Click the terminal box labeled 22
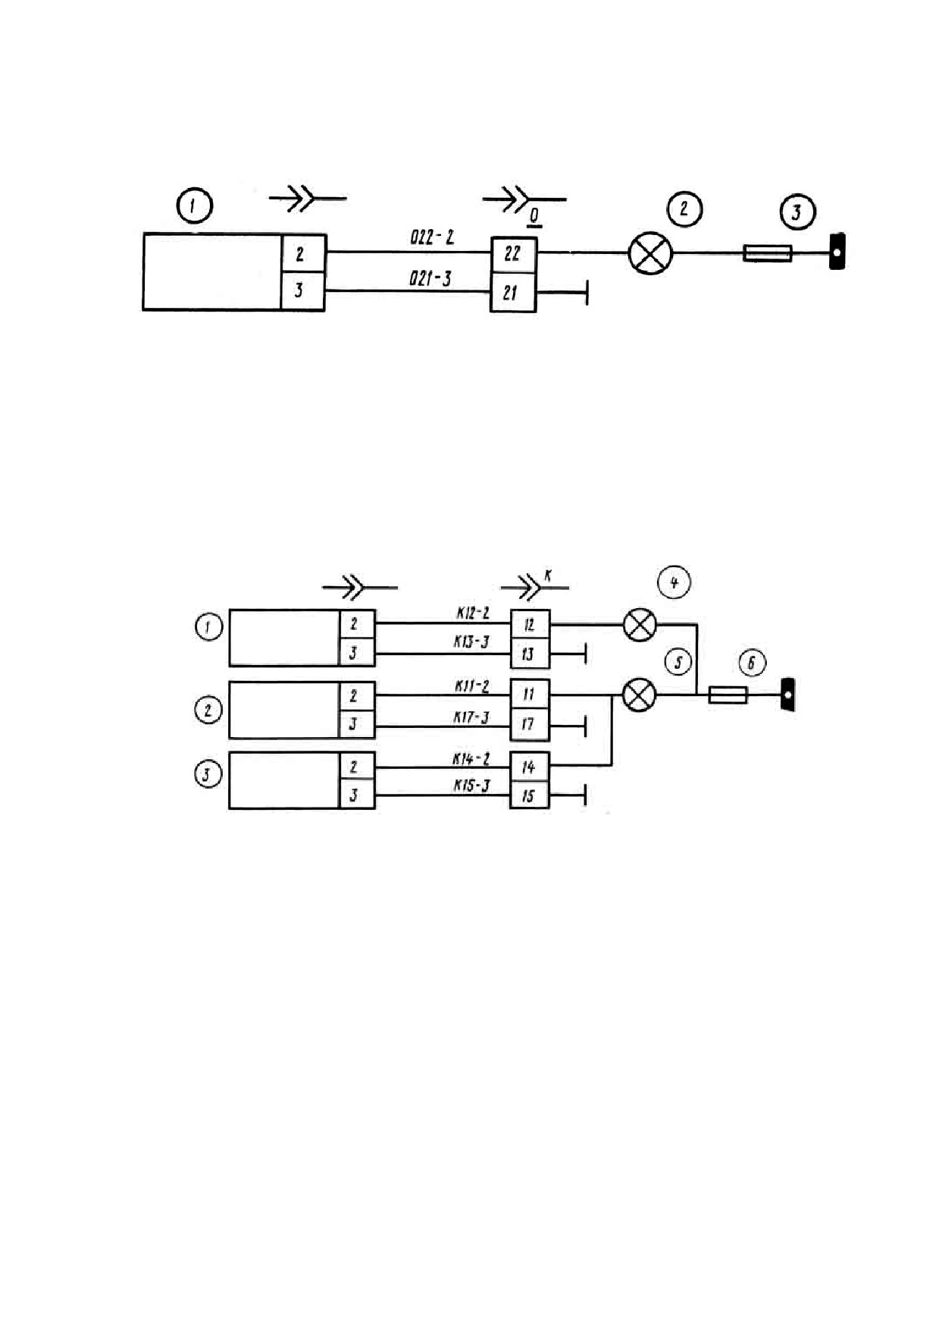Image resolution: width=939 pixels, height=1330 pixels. (513, 255)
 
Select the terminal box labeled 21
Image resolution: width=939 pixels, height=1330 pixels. (513, 293)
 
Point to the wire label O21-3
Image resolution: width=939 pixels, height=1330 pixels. (430, 278)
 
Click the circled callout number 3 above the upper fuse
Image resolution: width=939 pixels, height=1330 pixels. (797, 212)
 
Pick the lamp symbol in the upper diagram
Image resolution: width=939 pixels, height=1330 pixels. (650, 253)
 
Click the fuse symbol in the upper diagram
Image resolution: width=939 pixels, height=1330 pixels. (768, 253)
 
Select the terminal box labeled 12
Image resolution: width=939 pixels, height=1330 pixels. (529, 625)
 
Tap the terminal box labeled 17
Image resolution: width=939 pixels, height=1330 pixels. (529, 725)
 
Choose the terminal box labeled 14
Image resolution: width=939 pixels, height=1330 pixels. (529, 767)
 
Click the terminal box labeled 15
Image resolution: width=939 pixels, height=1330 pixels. (529, 795)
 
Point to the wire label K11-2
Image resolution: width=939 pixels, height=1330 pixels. (472, 686)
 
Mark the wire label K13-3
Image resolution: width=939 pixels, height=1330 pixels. (471, 642)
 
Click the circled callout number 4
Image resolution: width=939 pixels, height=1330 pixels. (674, 582)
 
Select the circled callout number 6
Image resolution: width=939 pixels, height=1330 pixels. (751, 663)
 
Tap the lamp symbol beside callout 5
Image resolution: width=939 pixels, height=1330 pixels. (639, 695)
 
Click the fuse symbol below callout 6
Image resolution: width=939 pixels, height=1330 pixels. (728, 695)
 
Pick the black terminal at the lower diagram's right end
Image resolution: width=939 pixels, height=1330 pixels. (788, 694)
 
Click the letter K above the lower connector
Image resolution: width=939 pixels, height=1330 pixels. (548, 576)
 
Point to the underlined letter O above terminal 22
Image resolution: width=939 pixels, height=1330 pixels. (534, 218)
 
